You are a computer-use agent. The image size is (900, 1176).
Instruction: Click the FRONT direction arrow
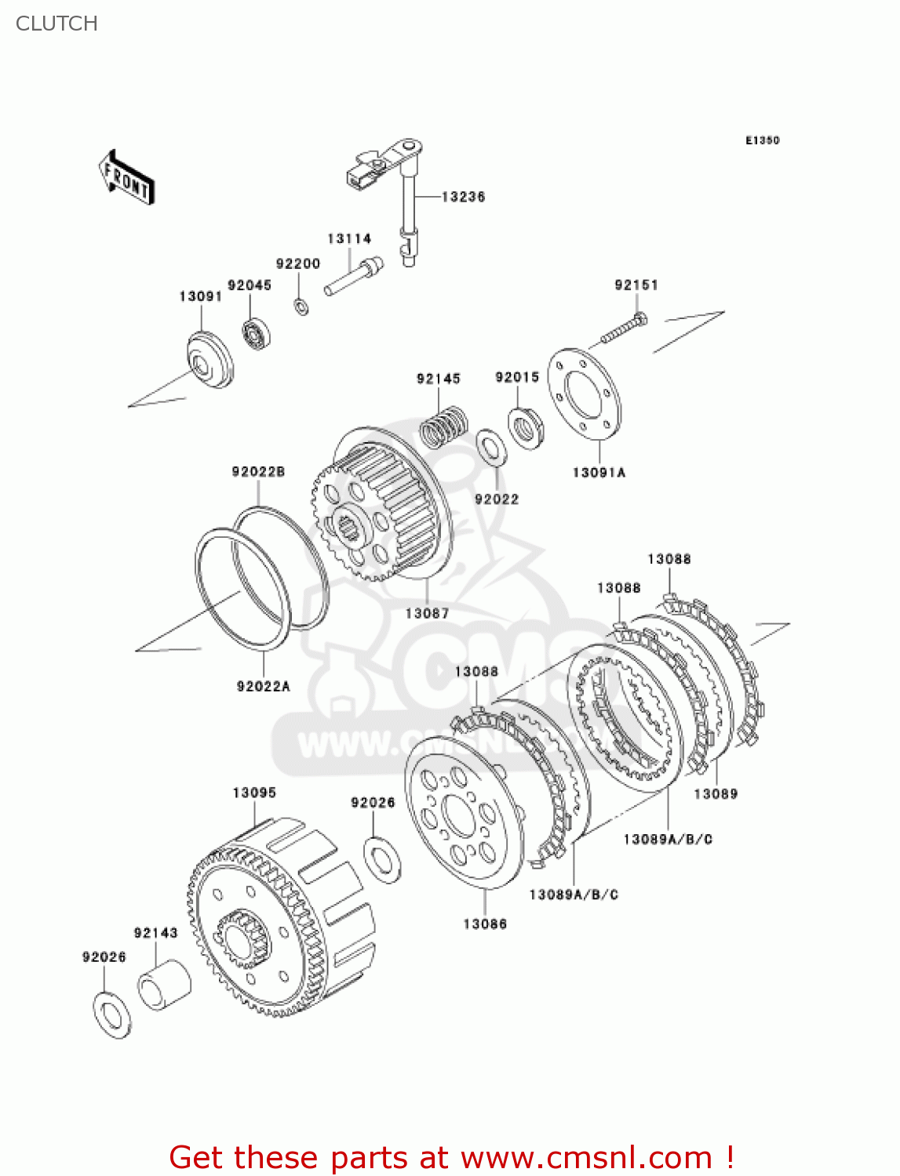(x=126, y=178)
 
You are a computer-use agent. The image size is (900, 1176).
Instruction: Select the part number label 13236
(x=463, y=197)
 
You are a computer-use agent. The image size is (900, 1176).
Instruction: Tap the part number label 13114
(x=348, y=238)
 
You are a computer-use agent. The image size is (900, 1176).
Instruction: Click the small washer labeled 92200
(x=301, y=305)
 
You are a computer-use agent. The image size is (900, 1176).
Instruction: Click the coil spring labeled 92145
(x=444, y=426)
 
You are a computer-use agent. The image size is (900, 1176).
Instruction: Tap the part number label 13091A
(x=599, y=472)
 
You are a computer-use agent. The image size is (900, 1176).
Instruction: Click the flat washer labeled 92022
(x=491, y=447)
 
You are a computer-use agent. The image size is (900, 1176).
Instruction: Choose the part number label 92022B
(x=258, y=471)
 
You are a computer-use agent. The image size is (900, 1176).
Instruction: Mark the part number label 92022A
(x=263, y=686)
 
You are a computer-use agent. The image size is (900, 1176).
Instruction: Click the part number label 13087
(x=427, y=613)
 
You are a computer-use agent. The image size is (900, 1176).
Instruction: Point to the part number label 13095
(x=254, y=793)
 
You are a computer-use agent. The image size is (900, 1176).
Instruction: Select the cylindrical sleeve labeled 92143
(x=164, y=984)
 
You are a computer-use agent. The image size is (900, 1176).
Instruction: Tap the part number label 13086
(x=484, y=924)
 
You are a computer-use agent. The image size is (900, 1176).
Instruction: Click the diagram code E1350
(x=762, y=140)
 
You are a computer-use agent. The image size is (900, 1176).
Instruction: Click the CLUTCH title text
(x=56, y=24)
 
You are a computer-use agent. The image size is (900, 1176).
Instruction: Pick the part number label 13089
(x=716, y=793)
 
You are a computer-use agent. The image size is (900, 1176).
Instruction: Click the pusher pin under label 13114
(x=353, y=278)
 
